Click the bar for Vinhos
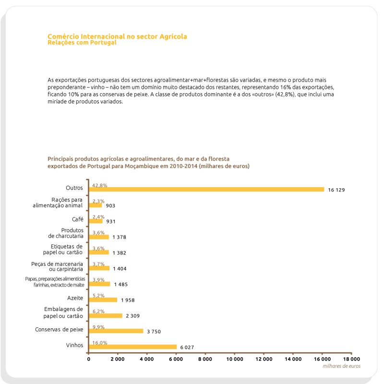(x=132, y=347)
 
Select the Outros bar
(x=206, y=189)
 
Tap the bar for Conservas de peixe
(x=116, y=331)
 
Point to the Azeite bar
(x=103, y=300)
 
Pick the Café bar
(x=96, y=221)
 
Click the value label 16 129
(x=336, y=190)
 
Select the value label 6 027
(x=189, y=348)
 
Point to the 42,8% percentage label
(x=99, y=185)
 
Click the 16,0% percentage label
(x=99, y=343)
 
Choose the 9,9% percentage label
(x=98, y=327)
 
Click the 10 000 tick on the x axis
(x=235, y=359)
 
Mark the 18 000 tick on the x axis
(x=351, y=359)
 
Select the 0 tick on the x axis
(x=89, y=359)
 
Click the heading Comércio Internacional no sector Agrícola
(x=117, y=36)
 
